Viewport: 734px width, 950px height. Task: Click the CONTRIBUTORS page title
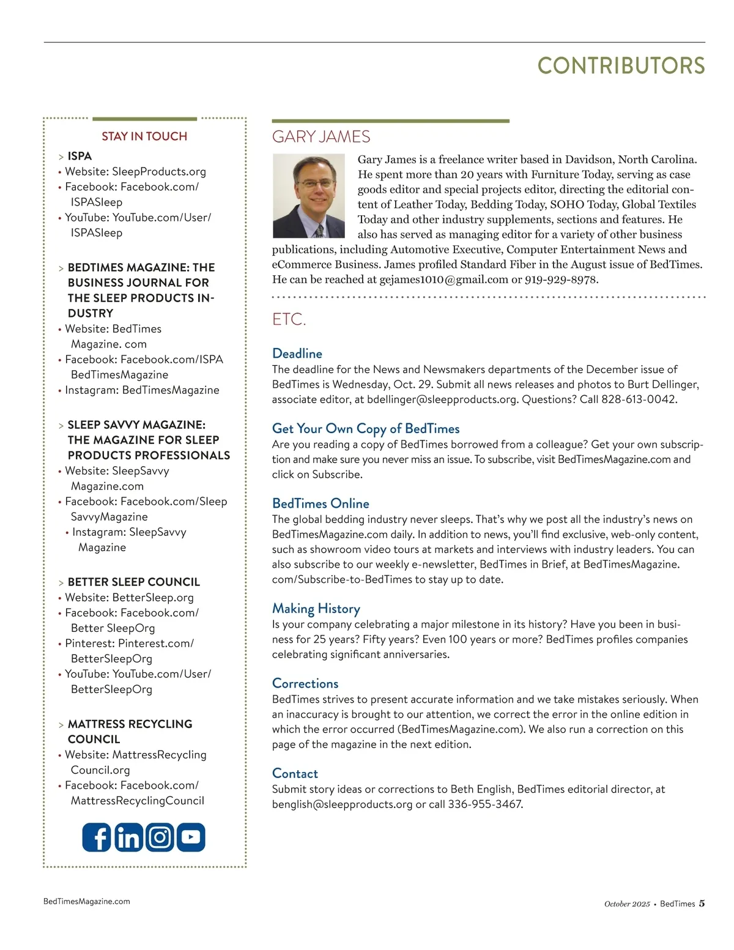(x=621, y=66)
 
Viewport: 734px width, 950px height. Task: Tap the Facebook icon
(x=97, y=837)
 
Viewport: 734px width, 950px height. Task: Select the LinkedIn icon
(x=128, y=837)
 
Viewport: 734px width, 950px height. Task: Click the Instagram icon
(x=160, y=837)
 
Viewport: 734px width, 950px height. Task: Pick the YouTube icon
(x=191, y=837)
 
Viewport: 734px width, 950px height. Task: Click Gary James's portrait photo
(x=309, y=196)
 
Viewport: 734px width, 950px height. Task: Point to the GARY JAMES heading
(x=321, y=136)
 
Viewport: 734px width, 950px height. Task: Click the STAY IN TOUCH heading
(x=144, y=136)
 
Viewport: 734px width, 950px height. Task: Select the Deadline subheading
(x=297, y=354)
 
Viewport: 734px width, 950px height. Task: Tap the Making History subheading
(x=316, y=609)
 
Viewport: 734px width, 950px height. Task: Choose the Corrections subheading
(x=305, y=683)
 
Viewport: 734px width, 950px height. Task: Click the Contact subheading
(x=295, y=773)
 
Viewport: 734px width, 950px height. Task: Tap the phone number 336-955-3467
(x=485, y=804)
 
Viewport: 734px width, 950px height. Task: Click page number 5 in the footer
(x=702, y=903)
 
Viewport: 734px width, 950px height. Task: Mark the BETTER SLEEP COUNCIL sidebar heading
(x=133, y=582)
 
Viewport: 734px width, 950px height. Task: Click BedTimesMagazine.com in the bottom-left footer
(x=87, y=901)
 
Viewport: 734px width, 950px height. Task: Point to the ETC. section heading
(x=289, y=319)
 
